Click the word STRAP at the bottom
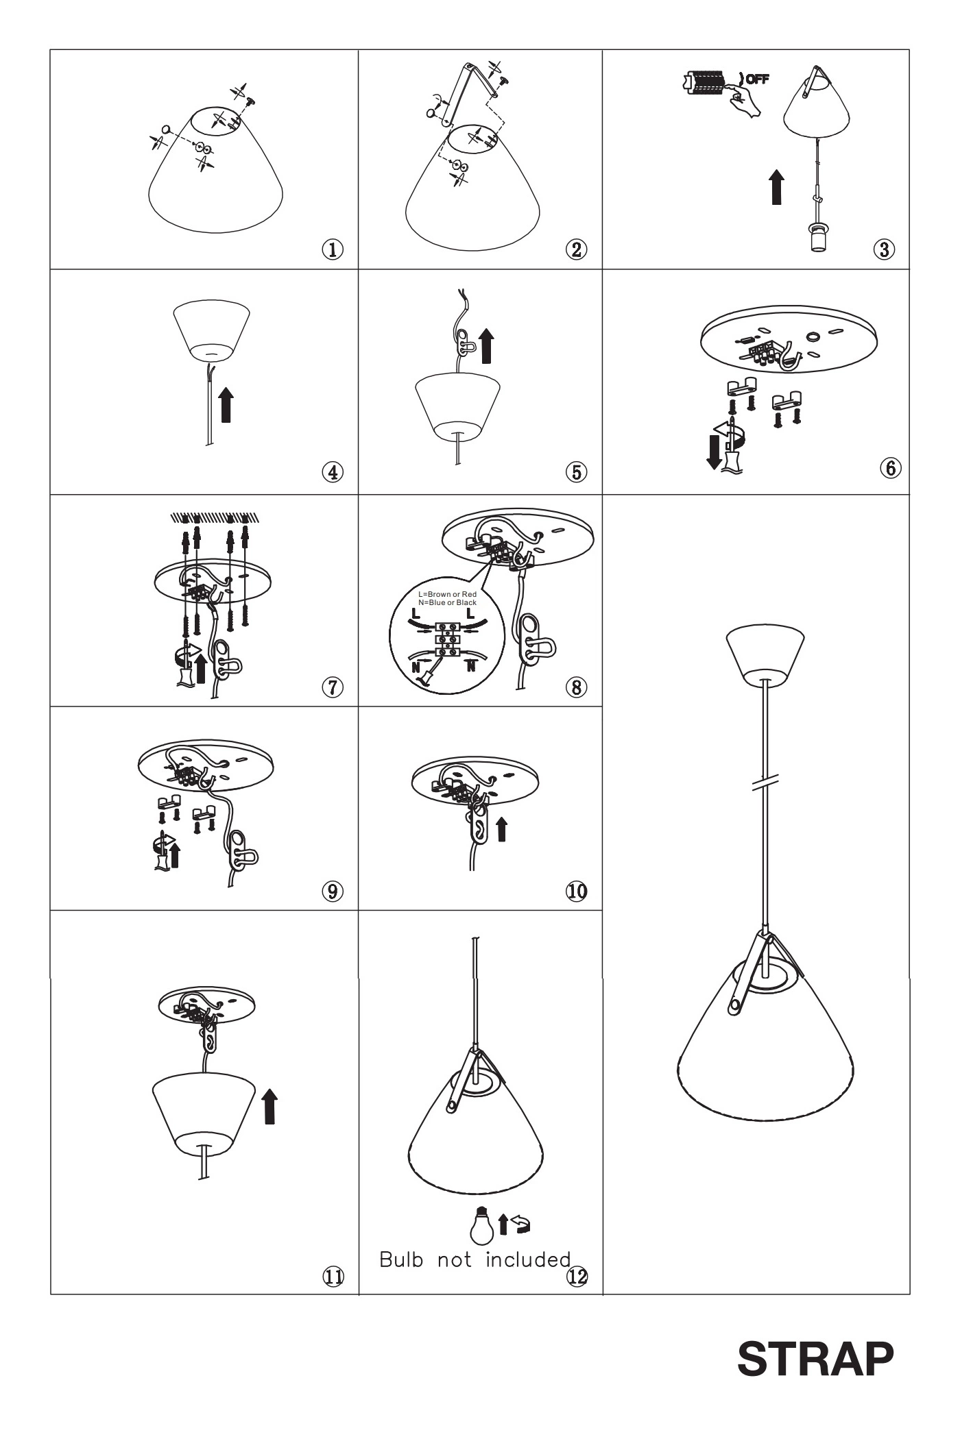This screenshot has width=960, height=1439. point(815,1359)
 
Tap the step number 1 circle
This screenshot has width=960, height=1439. point(333,249)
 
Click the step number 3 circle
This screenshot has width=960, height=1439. point(885,249)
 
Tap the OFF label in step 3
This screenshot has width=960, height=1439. point(757,79)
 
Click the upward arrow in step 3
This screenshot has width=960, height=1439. point(776,187)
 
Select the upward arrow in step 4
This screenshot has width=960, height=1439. point(226,406)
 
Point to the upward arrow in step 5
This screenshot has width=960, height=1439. point(487,346)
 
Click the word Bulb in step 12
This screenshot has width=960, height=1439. point(401,1259)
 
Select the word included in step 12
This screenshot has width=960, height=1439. point(528,1259)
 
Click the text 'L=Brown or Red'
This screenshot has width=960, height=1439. point(448,594)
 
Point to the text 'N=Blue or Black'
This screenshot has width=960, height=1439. point(448,602)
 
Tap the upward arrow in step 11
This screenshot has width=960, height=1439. point(272,1107)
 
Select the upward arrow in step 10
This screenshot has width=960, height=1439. point(502,828)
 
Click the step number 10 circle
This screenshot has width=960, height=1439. point(576,891)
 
